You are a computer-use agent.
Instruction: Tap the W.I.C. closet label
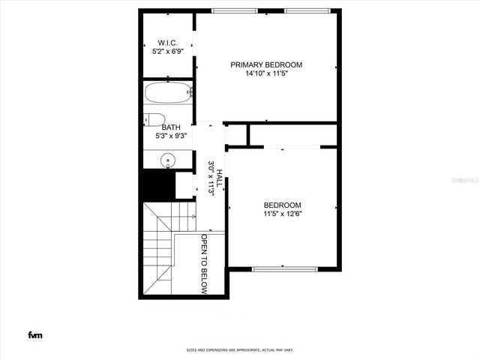(x=166, y=42)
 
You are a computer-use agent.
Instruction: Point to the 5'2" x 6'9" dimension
(x=166, y=51)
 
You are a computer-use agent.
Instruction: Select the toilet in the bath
(x=154, y=118)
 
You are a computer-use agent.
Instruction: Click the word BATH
(x=171, y=127)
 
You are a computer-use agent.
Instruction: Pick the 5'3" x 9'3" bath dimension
(x=171, y=136)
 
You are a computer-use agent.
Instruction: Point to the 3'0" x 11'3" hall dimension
(x=211, y=178)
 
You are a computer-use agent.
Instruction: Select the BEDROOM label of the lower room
(x=282, y=205)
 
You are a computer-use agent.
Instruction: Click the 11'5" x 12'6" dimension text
(x=282, y=214)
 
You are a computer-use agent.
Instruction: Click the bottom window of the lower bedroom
(x=284, y=268)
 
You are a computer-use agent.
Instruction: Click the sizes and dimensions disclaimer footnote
(x=240, y=350)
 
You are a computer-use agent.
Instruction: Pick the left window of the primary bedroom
(x=232, y=10)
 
